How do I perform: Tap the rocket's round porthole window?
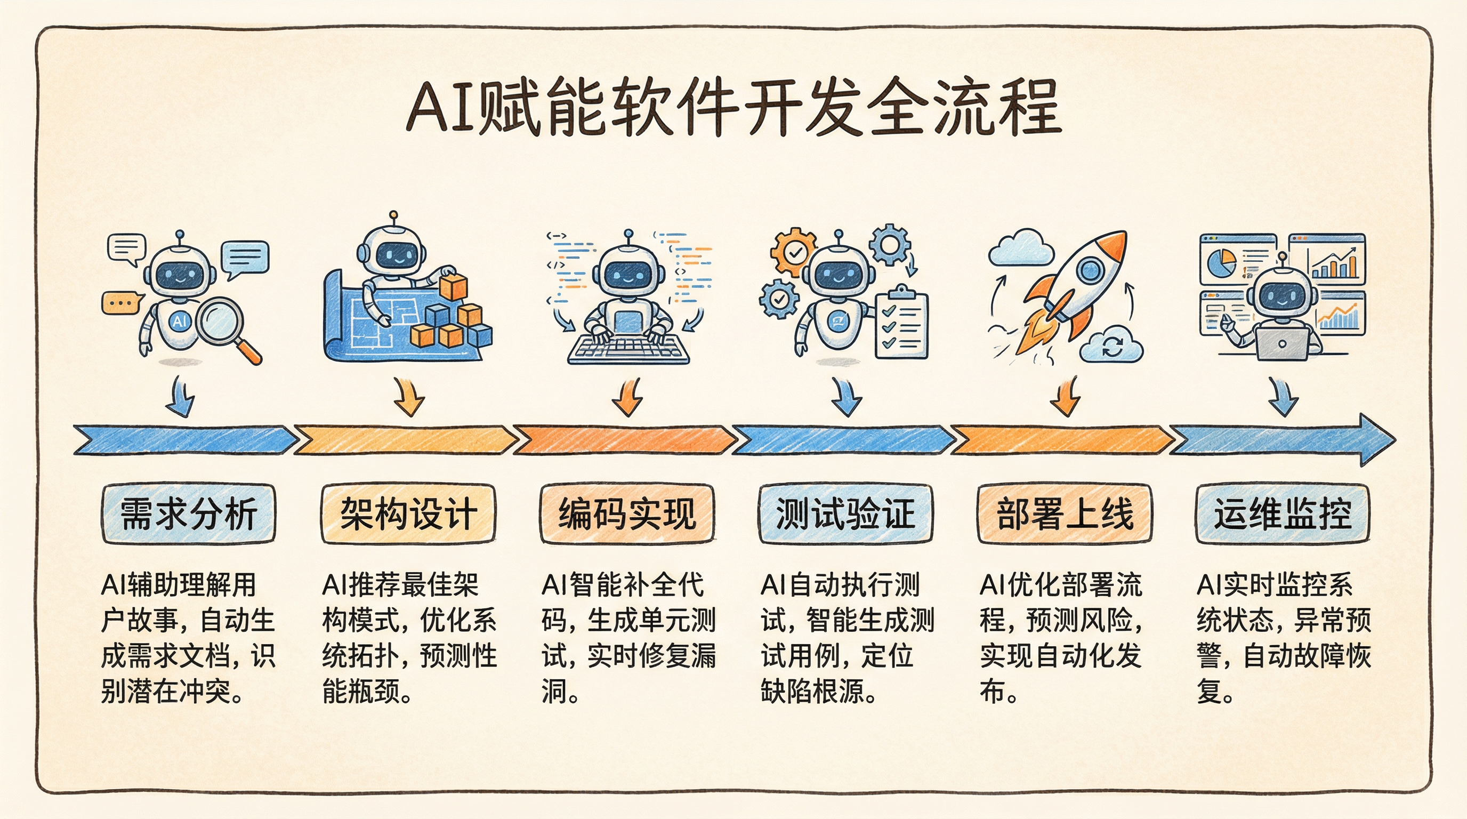pyautogui.click(x=1089, y=270)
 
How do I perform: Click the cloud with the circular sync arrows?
pyautogui.click(x=1111, y=345)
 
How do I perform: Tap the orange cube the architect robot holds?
pyautogui.click(x=453, y=286)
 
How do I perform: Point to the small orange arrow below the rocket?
pyautogui.click(x=1065, y=397)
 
